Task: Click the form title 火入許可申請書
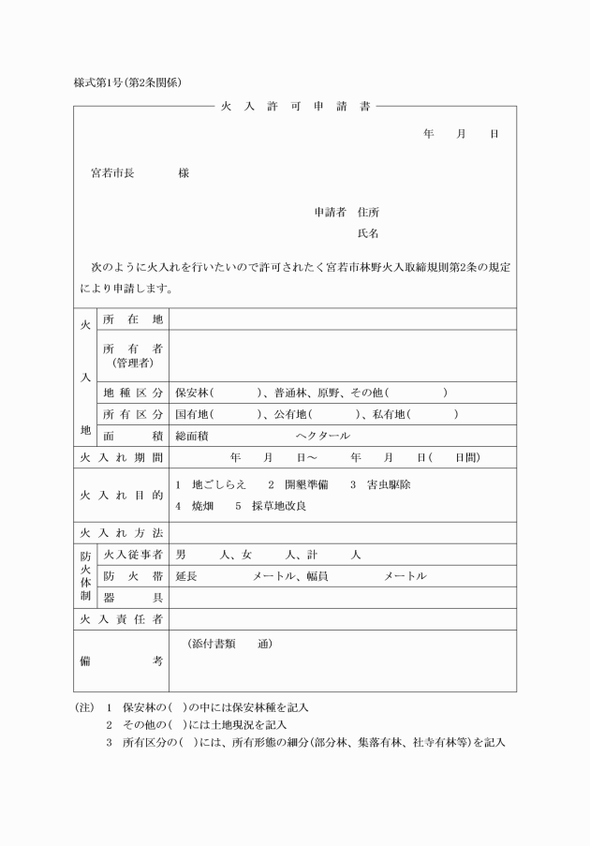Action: click(x=295, y=107)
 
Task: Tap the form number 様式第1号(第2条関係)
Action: click(x=127, y=82)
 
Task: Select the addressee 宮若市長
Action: click(x=112, y=173)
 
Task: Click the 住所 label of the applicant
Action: click(x=369, y=212)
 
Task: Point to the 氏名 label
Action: click(x=368, y=232)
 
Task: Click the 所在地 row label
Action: click(x=132, y=319)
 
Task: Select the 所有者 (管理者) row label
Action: click(x=132, y=355)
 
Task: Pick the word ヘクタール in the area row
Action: click(x=322, y=436)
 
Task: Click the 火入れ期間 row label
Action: click(x=121, y=457)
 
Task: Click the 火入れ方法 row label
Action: click(x=121, y=532)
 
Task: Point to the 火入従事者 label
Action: click(x=132, y=555)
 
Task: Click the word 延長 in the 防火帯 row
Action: click(x=186, y=576)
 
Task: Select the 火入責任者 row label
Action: click(x=121, y=619)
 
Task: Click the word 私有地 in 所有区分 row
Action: click(x=396, y=413)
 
